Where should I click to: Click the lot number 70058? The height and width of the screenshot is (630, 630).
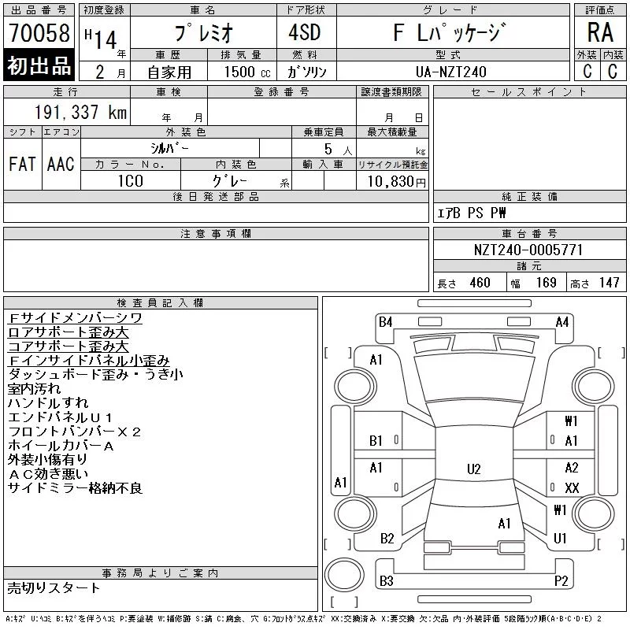(x=39, y=32)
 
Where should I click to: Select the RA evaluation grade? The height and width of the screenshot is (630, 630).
(x=600, y=32)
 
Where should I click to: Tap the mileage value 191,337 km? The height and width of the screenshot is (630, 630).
(x=80, y=112)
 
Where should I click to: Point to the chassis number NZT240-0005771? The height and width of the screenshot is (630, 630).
(x=528, y=250)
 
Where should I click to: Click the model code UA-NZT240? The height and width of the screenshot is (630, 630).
(x=451, y=72)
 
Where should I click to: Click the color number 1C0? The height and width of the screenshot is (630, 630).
(x=131, y=181)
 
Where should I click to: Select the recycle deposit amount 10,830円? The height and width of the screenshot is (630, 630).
(x=397, y=182)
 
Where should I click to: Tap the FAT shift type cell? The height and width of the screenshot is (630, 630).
(x=22, y=164)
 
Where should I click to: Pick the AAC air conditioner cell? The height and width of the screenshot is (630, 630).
(x=61, y=164)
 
